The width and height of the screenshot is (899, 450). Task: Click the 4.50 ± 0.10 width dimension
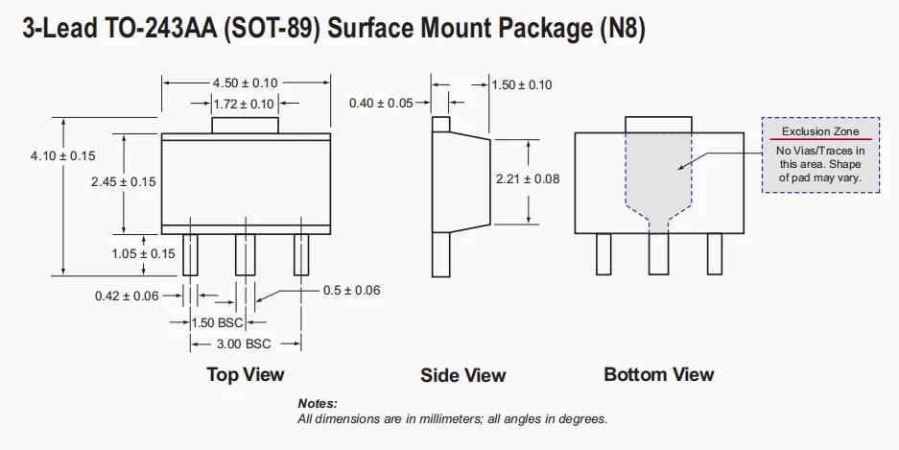coord(245,83)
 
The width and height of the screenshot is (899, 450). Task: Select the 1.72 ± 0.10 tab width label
coord(244,105)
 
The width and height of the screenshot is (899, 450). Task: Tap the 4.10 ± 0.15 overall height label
coord(63,156)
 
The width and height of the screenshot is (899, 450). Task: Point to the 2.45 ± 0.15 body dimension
coord(123,181)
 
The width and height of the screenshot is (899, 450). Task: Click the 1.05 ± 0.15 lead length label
coord(143,254)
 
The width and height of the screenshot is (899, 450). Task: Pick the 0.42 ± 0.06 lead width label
coord(127,296)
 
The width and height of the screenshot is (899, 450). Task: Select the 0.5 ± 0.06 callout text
coord(351,291)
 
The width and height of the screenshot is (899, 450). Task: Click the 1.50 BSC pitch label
coord(217,322)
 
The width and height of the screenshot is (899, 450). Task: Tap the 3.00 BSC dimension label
coord(244,344)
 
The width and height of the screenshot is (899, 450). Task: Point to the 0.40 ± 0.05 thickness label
coord(381,104)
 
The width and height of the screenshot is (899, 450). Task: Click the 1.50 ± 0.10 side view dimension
coord(522,84)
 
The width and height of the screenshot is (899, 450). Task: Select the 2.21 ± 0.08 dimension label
coord(528,178)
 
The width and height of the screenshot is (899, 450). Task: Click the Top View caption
coord(246,375)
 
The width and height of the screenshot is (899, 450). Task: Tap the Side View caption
coord(463,375)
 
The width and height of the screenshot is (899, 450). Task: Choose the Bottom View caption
coord(659,375)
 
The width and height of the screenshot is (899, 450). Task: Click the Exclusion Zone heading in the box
coord(820,131)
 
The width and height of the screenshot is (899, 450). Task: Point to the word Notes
coord(318,404)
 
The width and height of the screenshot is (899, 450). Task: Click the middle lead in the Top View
coord(246,254)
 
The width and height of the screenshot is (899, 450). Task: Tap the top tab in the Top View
coord(245,126)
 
